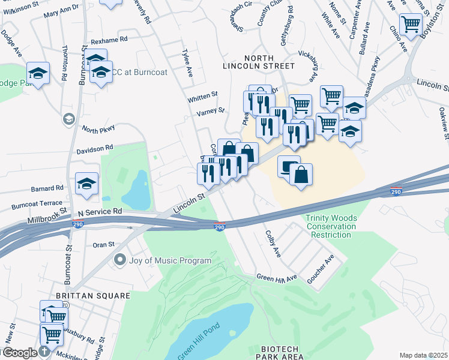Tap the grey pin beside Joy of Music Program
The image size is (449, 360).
119,260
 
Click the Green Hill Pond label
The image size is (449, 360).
198,338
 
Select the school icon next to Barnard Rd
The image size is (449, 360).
87,184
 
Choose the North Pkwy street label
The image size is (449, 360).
98,130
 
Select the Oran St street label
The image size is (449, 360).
103,245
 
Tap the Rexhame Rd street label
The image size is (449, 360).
109,40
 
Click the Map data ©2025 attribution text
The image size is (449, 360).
423,355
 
